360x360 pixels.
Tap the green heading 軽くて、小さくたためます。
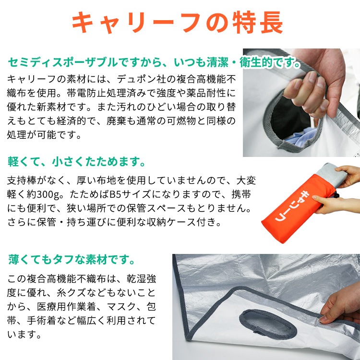point(76,160)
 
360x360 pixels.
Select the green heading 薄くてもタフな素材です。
point(72,260)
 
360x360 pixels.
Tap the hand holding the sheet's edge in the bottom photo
point(341,307)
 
